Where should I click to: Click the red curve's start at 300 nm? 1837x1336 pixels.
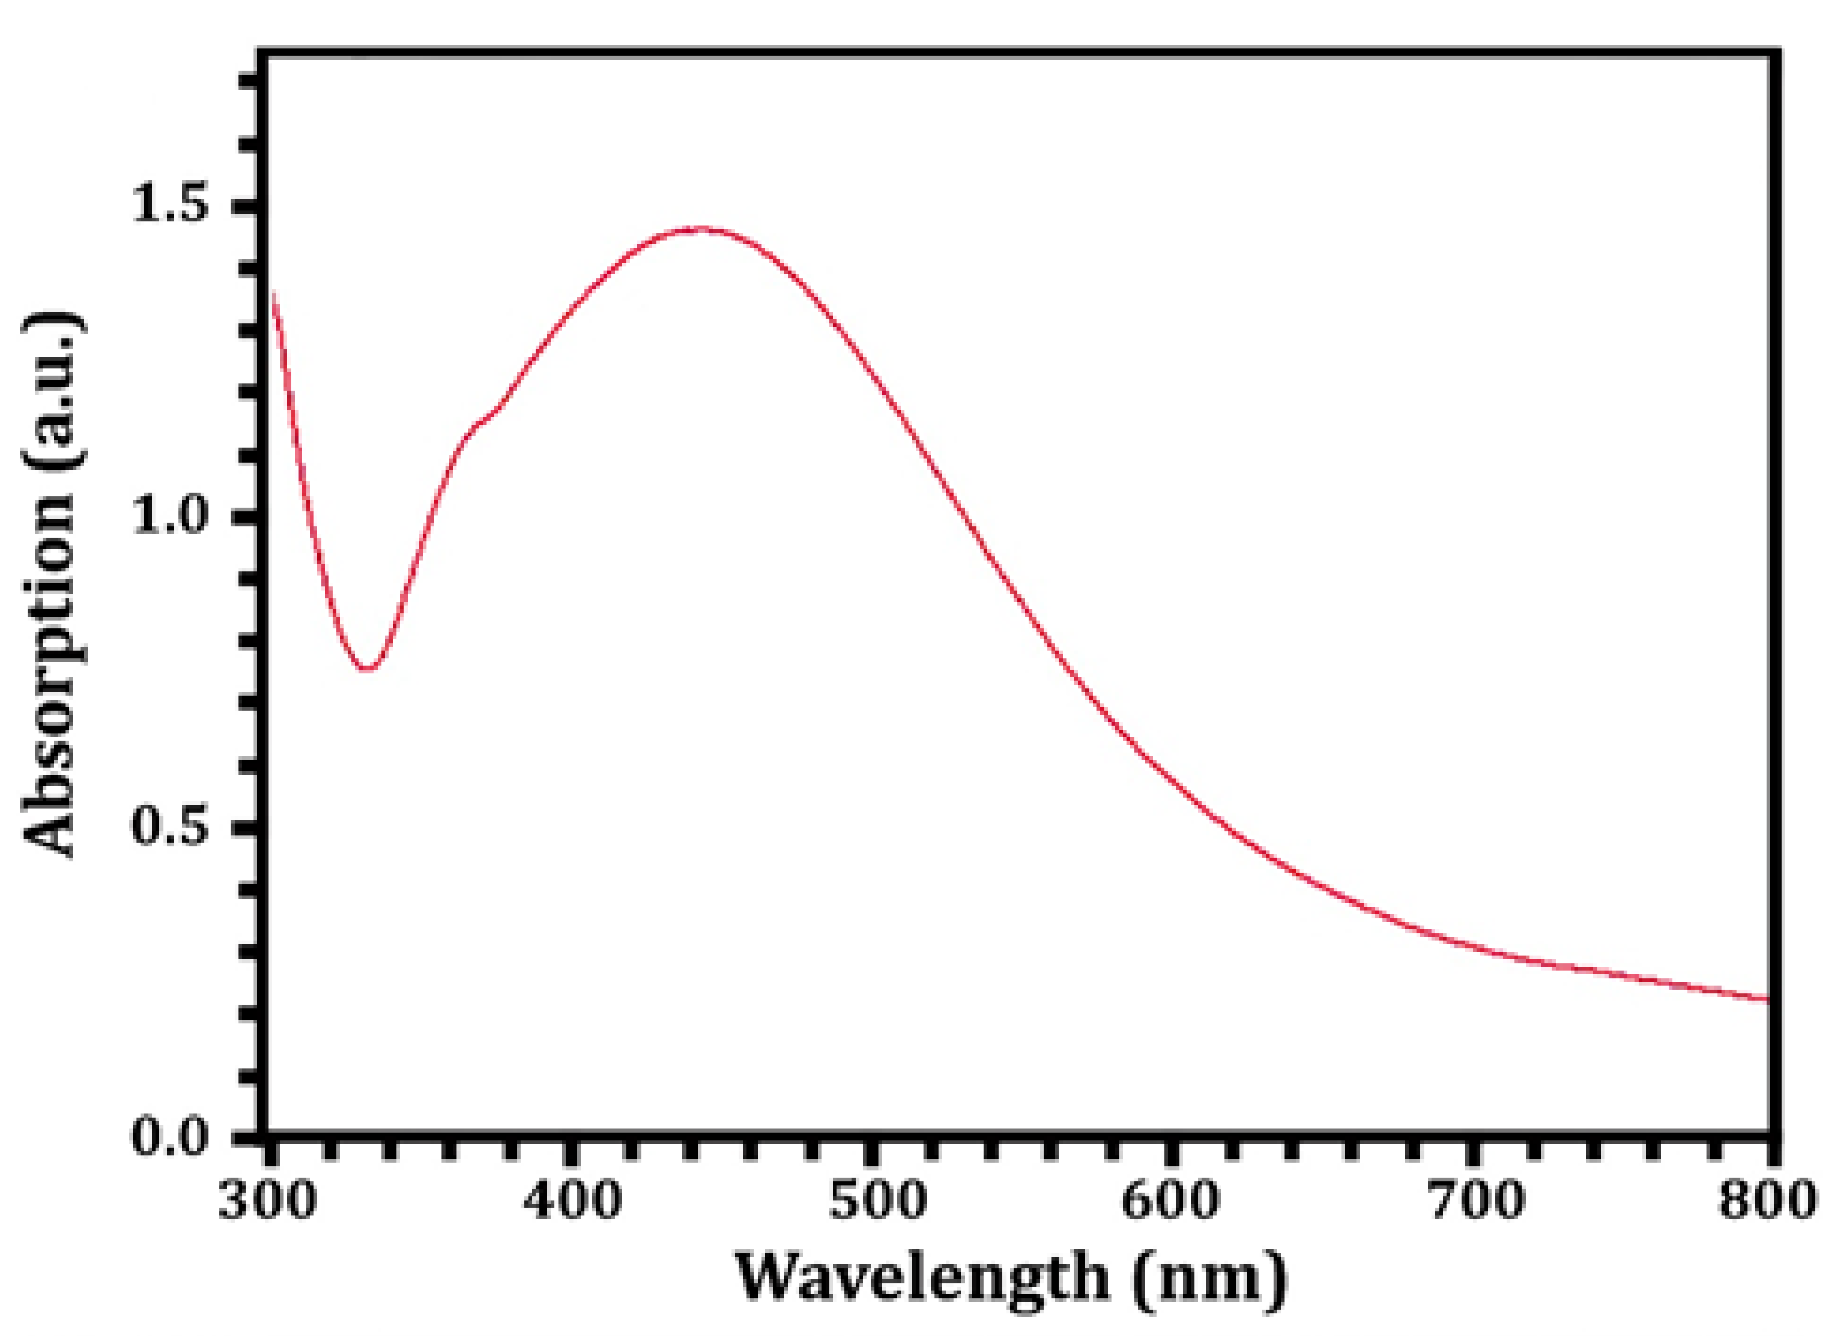[x=273, y=294]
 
